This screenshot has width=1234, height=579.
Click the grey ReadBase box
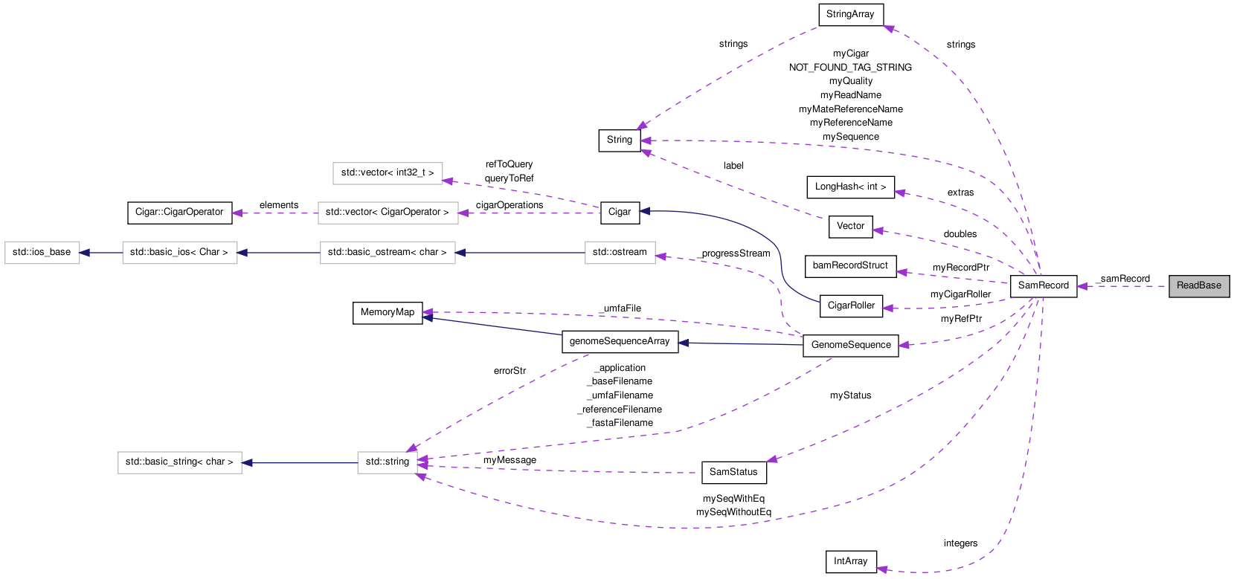pos(1198,286)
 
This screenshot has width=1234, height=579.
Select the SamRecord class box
pos(1043,286)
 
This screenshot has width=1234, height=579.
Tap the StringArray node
pos(849,14)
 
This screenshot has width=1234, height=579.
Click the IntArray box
pos(850,561)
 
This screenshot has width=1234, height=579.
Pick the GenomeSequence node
pos(850,346)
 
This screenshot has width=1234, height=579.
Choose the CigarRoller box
pos(851,305)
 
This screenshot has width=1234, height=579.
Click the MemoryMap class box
pos(387,313)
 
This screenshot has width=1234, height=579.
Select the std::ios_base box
pos(42,253)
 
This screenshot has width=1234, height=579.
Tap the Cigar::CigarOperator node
pos(179,213)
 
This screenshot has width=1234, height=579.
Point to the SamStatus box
pos(733,472)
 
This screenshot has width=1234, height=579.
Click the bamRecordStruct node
pos(850,266)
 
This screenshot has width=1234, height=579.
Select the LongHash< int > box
pos(850,187)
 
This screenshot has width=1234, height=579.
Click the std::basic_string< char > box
pos(179,462)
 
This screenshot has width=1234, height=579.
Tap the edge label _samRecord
pos(1123,279)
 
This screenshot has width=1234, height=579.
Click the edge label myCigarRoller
pos(960,294)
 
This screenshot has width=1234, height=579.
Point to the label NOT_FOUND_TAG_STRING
pos(850,68)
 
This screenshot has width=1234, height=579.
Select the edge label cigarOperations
pos(510,205)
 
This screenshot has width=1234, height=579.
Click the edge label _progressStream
pos(734,253)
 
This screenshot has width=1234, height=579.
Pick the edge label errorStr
pos(510,371)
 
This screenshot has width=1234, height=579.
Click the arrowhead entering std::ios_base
pos(85,253)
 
